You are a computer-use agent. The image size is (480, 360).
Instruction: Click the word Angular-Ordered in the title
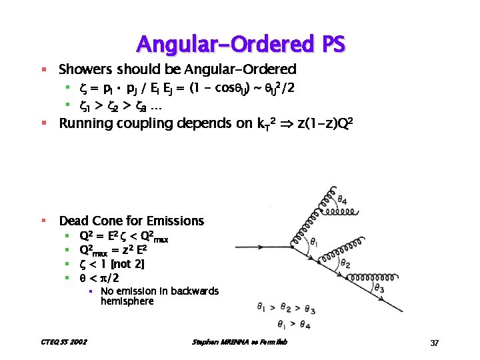click(x=220, y=44)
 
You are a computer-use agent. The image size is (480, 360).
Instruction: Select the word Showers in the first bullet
click(x=85, y=69)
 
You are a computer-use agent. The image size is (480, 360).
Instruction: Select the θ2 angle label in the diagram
click(x=345, y=264)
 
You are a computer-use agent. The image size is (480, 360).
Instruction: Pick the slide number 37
click(x=434, y=343)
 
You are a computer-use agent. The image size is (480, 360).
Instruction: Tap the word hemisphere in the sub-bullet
click(x=127, y=301)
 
